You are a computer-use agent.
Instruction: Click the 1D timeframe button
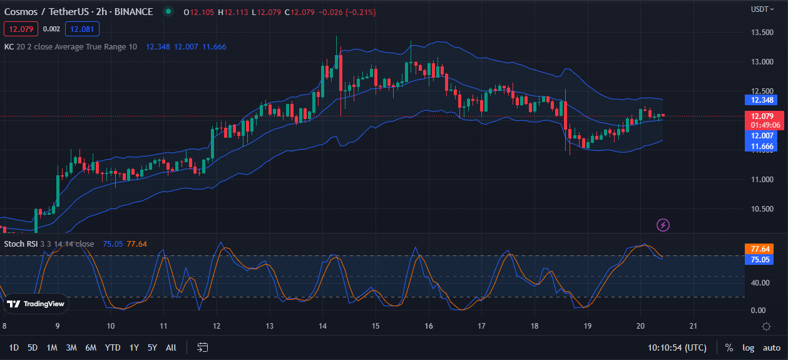point(14,347)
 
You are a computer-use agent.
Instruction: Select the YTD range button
point(113,347)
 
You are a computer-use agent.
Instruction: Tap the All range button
point(171,347)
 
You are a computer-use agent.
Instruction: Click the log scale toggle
point(749,347)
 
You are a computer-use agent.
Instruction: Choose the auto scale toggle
point(771,347)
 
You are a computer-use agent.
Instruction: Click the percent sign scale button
point(729,347)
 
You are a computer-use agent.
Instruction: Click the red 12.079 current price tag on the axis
point(762,116)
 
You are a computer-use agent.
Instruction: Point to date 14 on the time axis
point(322,326)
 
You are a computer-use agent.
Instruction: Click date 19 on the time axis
point(587,326)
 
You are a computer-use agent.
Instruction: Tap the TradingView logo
point(36,304)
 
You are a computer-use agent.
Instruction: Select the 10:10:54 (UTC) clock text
point(678,347)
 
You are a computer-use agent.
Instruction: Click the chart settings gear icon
point(766,326)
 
